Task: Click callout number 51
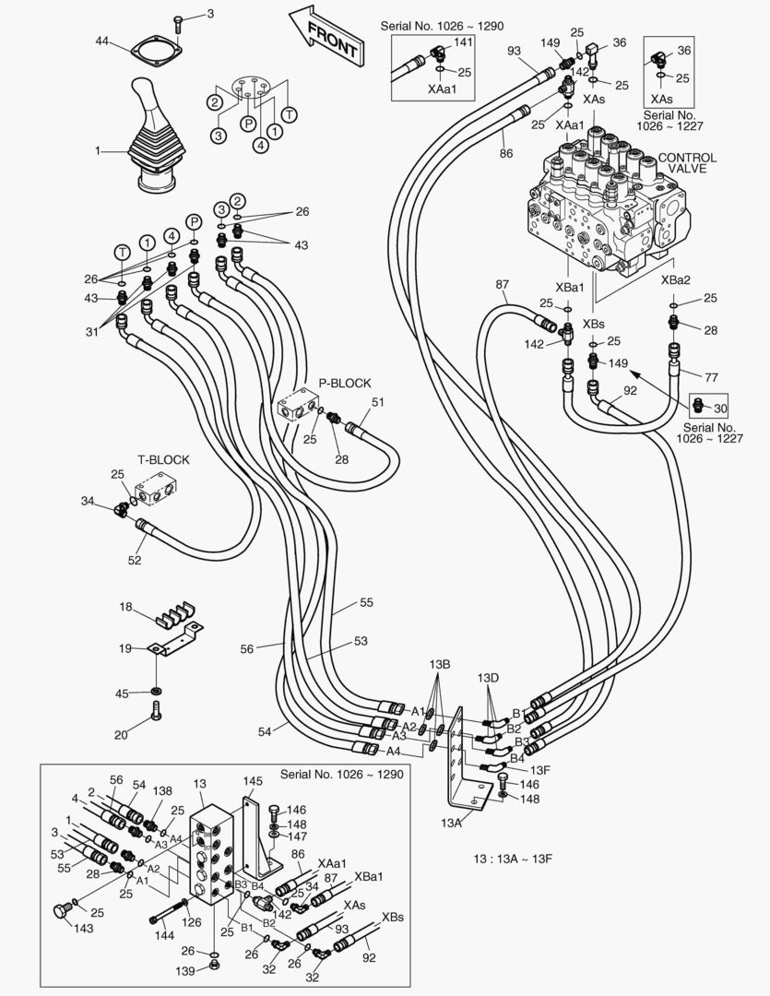pos(377,402)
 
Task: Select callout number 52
pos(136,559)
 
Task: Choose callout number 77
pos(710,377)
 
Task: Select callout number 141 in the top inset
pos(463,42)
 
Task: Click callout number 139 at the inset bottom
pos(188,972)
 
